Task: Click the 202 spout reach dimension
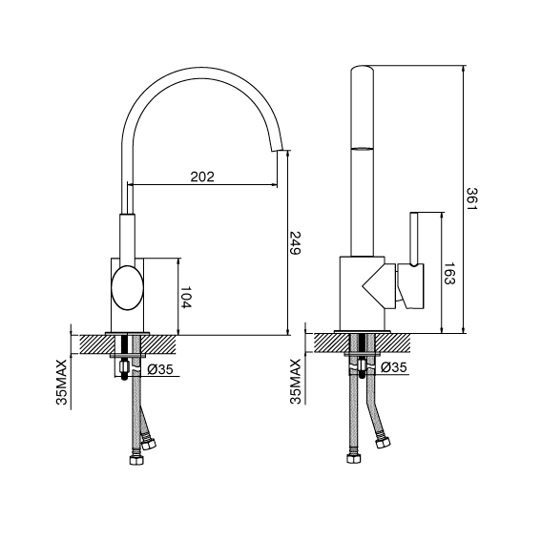pos(202,177)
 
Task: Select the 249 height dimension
pos(295,242)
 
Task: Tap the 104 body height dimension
pos(185,297)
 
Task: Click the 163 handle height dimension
pos(449,274)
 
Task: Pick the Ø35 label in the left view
pos(159,369)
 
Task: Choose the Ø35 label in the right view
pos(394,367)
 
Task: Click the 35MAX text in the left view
pos(61,382)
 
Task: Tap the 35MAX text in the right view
pos(296,381)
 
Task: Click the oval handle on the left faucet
pos(127,287)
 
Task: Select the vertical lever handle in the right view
pos(414,239)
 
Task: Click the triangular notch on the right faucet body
pos(374,284)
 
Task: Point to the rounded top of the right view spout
pos(363,69)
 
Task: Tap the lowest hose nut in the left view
pos(135,459)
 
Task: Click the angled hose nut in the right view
pos(383,443)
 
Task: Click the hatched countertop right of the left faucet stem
pos(158,344)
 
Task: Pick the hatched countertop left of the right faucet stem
pos(331,343)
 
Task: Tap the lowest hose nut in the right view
pos(354,458)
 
